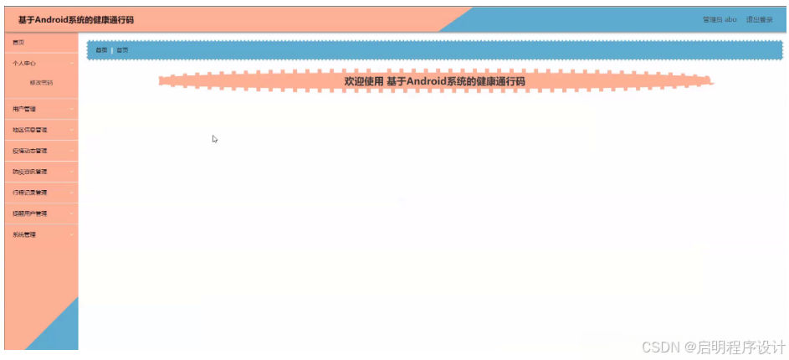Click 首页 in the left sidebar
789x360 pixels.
point(18,41)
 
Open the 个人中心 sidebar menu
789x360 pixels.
point(24,63)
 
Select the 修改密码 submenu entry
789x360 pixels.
point(41,83)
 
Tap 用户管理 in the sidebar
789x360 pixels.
point(24,109)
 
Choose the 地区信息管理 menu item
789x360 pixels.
point(30,130)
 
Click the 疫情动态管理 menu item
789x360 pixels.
point(30,151)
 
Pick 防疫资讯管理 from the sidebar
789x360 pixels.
point(30,172)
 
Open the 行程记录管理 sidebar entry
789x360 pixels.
point(30,193)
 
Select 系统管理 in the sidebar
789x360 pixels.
point(24,234)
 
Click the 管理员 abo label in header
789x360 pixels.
point(720,19)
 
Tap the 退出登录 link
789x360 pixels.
point(760,19)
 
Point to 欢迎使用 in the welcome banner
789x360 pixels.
point(363,81)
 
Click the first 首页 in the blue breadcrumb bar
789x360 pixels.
point(101,50)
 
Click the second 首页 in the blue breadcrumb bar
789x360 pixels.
point(122,50)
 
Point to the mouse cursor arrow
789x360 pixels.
point(214,139)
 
